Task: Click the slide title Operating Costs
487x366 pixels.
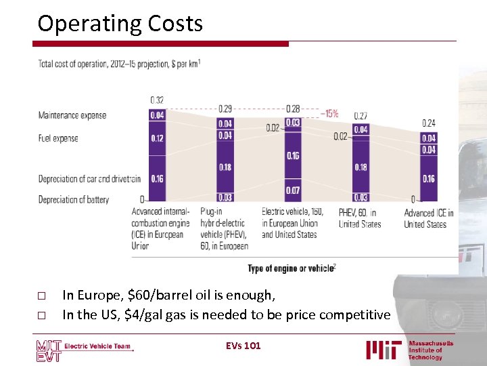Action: (x=120, y=24)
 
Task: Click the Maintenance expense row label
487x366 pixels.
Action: (x=72, y=115)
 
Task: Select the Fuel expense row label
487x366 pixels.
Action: (x=58, y=138)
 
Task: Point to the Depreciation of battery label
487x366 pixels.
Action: (x=74, y=200)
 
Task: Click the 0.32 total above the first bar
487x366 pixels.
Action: (x=157, y=100)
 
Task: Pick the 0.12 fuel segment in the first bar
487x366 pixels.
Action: (x=157, y=138)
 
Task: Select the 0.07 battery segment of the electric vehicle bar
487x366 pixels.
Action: (x=292, y=190)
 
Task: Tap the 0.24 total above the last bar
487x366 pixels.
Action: (x=429, y=123)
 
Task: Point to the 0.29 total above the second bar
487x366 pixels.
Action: (x=225, y=108)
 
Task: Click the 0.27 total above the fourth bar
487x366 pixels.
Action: (x=361, y=116)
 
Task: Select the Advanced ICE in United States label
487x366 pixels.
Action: (x=429, y=218)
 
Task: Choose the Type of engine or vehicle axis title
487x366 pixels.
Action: (x=292, y=268)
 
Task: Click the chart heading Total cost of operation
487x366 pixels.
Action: (x=119, y=64)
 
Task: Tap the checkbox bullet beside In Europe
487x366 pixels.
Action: (x=41, y=296)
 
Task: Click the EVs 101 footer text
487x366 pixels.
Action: (x=243, y=346)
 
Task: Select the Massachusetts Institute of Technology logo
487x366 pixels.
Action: (x=410, y=350)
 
